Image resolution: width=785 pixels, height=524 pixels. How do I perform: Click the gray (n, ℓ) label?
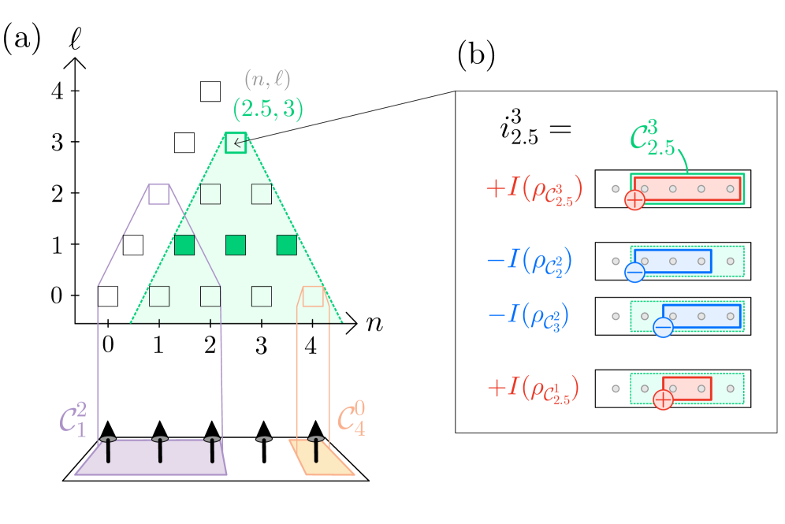(x=267, y=80)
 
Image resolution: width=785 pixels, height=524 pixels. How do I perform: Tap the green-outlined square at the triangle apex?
(x=236, y=143)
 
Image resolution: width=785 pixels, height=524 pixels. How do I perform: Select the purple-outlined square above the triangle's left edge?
(x=158, y=194)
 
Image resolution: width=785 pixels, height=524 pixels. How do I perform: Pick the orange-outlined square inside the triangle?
(x=313, y=296)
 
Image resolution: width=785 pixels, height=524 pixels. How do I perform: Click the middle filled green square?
(x=236, y=245)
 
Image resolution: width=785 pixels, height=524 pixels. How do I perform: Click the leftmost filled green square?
(x=184, y=245)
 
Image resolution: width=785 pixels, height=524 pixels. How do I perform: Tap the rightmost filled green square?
(x=287, y=245)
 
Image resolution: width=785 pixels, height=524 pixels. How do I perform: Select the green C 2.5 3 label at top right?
(x=653, y=139)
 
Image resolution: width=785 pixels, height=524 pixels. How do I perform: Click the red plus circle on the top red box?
(x=634, y=200)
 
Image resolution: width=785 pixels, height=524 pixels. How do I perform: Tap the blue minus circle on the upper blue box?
(x=634, y=272)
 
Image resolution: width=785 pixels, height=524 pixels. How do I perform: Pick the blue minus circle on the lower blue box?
(x=663, y=327)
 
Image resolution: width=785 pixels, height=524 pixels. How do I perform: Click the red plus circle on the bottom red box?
(x=663, y=400)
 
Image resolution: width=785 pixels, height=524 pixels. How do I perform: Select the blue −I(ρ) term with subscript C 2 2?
(x=529, y=261)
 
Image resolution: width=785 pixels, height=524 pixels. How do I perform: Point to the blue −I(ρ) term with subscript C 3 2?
(x=528, y=316)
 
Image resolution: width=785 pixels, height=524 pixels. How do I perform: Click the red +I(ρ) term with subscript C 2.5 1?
(x=534, y=388)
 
